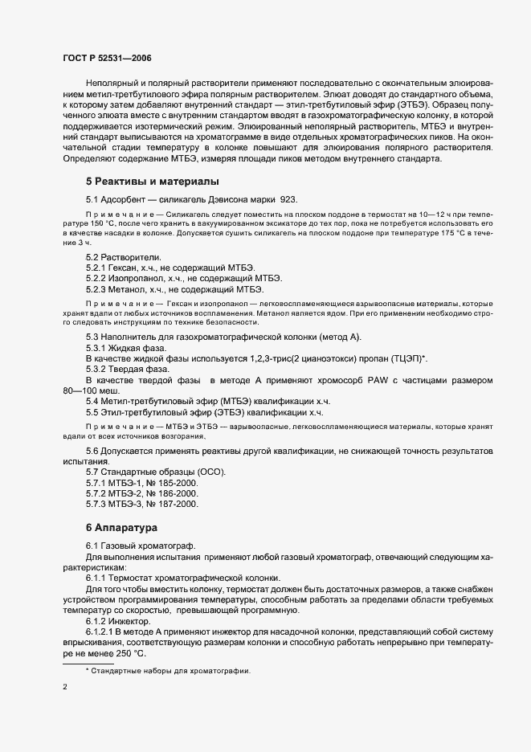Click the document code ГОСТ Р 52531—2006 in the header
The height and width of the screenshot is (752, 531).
(x=106, y=59)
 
